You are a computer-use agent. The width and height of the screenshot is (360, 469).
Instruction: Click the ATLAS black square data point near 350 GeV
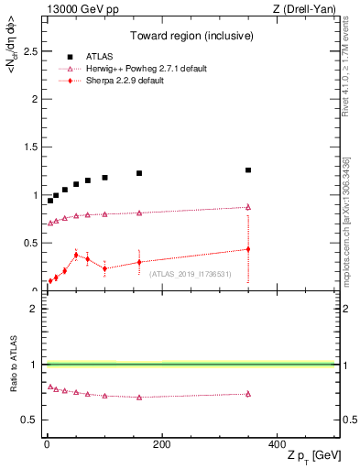248,170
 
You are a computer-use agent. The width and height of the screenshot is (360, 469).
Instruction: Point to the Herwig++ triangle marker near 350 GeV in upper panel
248,207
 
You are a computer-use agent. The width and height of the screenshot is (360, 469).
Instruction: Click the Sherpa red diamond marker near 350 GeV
248,249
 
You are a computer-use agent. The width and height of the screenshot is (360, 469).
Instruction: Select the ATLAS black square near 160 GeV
139,173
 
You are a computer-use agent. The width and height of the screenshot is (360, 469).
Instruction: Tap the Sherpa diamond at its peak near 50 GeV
76,255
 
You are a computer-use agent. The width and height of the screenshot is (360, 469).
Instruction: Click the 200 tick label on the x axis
161,444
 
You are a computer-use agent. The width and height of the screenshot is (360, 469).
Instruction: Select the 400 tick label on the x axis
277,444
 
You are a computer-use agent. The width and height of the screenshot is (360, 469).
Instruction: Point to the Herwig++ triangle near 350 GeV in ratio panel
248,394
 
